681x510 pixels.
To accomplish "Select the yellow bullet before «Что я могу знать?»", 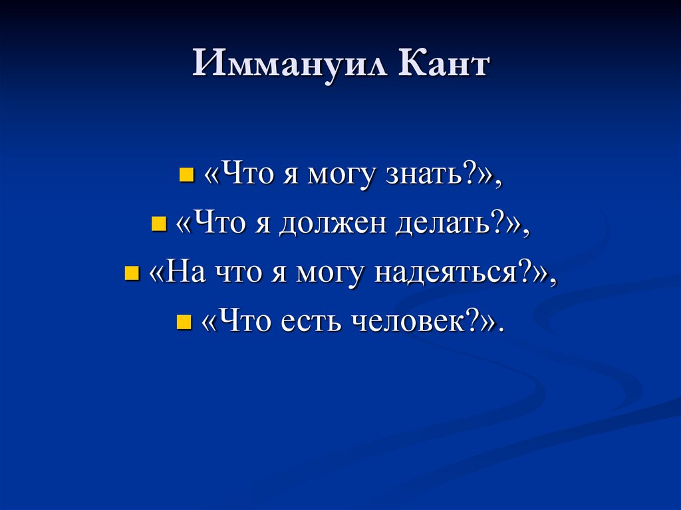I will click(186, 176).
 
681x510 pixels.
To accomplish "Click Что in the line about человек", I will click(241, 322).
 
